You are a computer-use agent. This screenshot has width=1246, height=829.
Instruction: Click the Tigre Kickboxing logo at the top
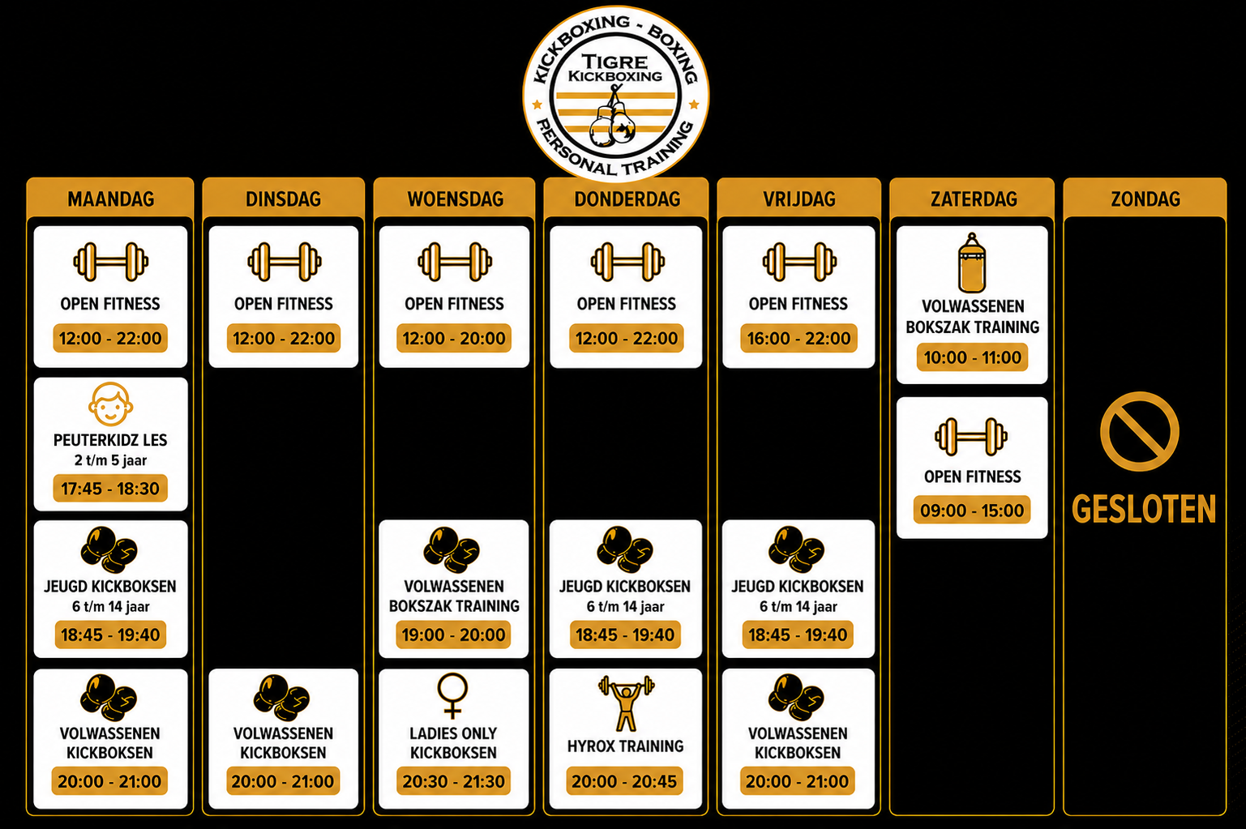[x=615, y=93]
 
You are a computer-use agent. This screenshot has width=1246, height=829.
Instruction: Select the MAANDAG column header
[x=110, y=199]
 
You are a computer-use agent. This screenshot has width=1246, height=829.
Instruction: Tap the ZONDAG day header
[x=1145, y=199]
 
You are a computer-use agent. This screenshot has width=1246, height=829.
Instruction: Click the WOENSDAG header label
[x=455, y=199]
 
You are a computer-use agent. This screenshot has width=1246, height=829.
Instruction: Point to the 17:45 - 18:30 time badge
[x=110, y=488]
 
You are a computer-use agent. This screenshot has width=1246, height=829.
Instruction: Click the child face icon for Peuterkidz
[x=110, y=404]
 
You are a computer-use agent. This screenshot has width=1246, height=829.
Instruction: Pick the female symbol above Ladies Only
[x=453, y=695]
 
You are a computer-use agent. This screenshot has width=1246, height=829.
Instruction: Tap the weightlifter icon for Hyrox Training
[x=626, y=703]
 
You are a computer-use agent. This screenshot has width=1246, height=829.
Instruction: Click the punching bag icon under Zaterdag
[x=972, y=263]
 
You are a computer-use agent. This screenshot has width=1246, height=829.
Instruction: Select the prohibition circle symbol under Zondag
[x=1139, y=431]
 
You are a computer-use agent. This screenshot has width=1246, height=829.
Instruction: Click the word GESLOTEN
[x=1144, y=509]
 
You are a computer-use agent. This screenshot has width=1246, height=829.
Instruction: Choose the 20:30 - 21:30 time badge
[x=453, y=781]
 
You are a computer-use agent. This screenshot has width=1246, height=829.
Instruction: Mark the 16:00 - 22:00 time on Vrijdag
[x=799, y=338]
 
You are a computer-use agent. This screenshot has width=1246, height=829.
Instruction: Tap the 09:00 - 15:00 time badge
[x=972, y=510]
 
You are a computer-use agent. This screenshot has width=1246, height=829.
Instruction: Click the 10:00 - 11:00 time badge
[x=972, y=357]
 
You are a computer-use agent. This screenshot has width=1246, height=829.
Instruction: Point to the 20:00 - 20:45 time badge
[x=624, y=781]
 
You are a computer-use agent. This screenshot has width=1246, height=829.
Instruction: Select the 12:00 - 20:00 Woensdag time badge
[x=454, y=338]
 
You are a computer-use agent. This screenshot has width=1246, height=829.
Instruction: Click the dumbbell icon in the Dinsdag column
[x=285, y=261]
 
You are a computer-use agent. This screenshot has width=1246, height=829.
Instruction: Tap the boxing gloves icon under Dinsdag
[x=281, y=699]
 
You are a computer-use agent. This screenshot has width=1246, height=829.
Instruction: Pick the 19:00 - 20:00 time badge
[x=453, y=635]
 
